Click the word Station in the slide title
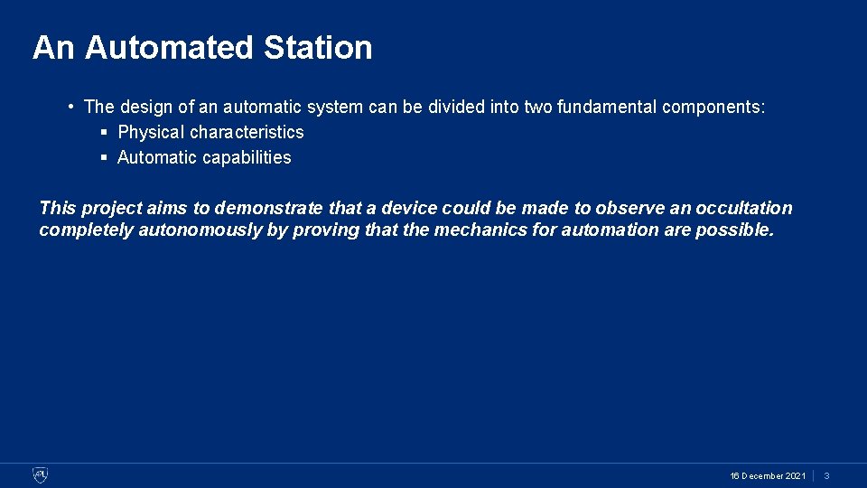(x=318, y=48)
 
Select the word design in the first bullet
(x=144, y=107)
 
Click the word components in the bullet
(x=713, y=107)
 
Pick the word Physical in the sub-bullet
(x=148, y=132)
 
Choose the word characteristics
(x=247, y=132)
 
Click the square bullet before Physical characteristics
(x=104, y=132)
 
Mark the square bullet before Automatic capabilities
(x=104, y=157)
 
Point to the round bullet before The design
(x=70, y=107)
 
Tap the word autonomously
(x=200, y=230)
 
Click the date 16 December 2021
(x=768, y=476)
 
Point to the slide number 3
(x=826, y=476)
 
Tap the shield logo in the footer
(x=40, y=475)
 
